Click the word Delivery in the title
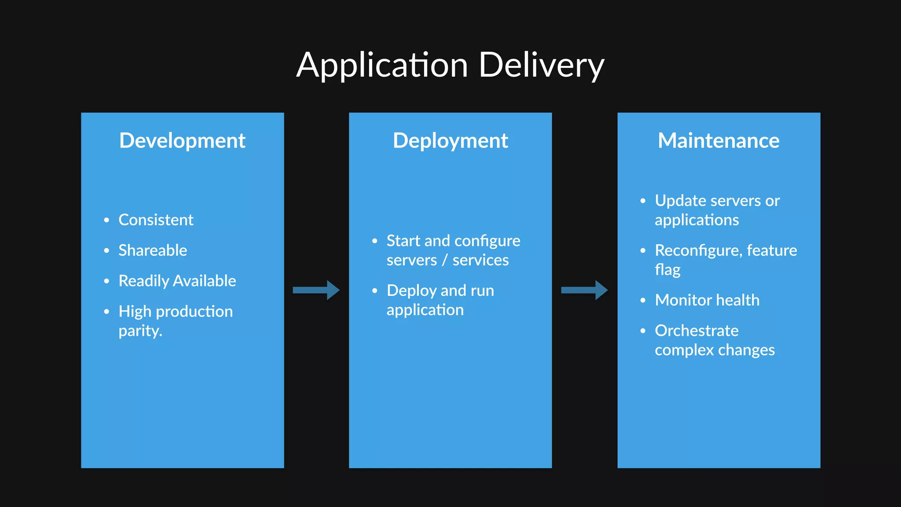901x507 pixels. tap(541, 65)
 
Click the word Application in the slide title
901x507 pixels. tap(382, 65)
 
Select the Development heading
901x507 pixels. tap(182, 141)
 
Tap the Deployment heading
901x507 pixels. tap(450, 141)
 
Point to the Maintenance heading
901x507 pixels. tap(718, 141)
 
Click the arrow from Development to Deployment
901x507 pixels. tap(316, 290)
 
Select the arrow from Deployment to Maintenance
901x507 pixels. tap(584, 290)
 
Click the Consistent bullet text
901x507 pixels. tap(156, 220)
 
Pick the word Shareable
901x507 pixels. tap(153, 250)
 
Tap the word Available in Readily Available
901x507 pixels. tap(205, 281)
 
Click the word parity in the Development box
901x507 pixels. tap(139, 331)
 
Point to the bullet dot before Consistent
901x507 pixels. tap(106, 220)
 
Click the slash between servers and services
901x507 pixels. tap(444, 260)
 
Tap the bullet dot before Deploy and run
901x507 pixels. tap(375, 290)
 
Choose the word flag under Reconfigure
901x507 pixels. tap(667, 270)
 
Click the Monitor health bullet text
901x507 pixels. tap(707, 300)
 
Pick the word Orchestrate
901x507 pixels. tap(696, 331)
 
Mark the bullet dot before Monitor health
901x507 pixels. tap(643, 301)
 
